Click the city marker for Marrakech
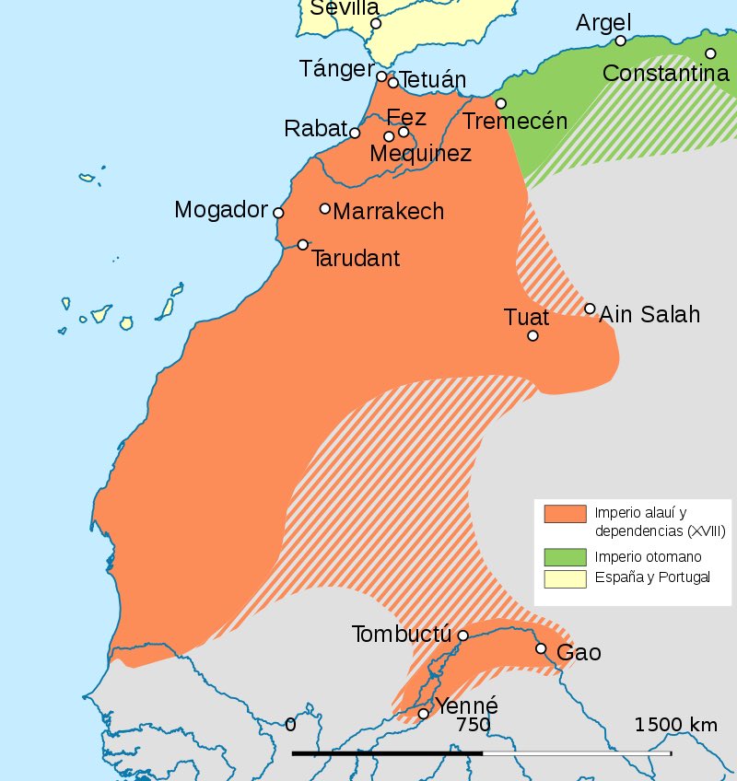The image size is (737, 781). (x=325, y=209)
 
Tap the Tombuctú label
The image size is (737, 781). (x=401, y=635)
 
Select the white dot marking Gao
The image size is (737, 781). (x=541, y=649)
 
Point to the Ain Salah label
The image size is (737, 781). (x=649, y=315)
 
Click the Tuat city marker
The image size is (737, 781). (x=532, y=335)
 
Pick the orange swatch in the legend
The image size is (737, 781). (x=565, y=514)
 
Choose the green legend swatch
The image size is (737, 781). (x=565, y=556)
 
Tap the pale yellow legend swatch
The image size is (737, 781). (x=565, y=577)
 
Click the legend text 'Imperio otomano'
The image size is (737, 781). (x=648, y=556)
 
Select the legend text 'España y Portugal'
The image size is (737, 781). (x=651, y=577)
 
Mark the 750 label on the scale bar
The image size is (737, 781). (x=474, y=726)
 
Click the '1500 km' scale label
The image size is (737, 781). (x=675, y=725)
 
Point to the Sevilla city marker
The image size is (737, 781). (x=376, y=24)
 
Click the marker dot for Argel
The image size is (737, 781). (x=621, y=41)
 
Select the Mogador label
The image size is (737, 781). (x=220, y=211)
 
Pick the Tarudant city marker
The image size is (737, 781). (x=303, y=245)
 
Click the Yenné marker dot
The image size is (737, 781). (x=424, y=714)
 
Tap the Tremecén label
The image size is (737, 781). (x=515, y=121)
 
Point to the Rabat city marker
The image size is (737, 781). (x=356, y=134)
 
